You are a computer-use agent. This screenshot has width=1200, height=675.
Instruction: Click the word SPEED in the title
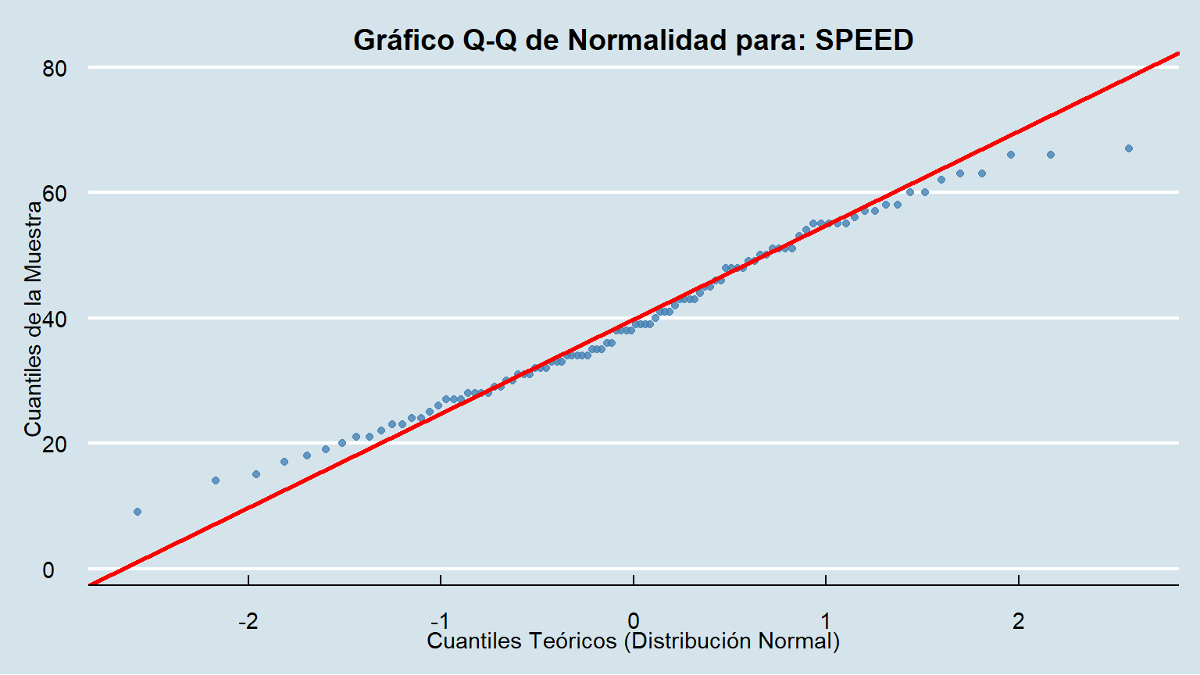tap(864, 40)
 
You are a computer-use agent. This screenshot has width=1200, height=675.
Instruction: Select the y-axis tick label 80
tap(55, 69)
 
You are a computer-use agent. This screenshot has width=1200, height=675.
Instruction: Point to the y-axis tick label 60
tap(55, 193)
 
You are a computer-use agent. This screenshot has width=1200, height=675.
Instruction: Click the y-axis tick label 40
tap(55, 319)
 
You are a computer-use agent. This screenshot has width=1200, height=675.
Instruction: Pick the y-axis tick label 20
tap(55, 444)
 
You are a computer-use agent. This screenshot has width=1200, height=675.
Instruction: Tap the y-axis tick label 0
tap(48, 570)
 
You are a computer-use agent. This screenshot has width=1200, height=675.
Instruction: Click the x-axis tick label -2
tap(248, 621)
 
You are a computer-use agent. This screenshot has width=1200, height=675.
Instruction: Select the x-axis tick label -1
tap(441, 621)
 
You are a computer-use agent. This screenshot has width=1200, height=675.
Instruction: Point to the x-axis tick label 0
tap(634, 621)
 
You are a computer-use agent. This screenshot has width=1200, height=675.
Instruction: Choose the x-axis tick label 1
tap(826, 621)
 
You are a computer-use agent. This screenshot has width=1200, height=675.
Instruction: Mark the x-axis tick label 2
tap(1019, 621)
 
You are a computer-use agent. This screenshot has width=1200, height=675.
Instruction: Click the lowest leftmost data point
tap(137, 512)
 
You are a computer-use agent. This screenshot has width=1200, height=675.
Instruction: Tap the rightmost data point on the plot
tap(1128, 148)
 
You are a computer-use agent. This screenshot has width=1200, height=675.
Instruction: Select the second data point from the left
tap(216, 480)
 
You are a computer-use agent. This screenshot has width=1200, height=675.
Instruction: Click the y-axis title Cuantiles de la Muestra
tap(33, 319)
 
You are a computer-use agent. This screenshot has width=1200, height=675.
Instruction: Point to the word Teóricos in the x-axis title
tap(572, 641)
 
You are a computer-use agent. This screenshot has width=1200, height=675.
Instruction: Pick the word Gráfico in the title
tap(404, 40)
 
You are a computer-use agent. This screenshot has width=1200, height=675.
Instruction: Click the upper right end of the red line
tap(1177, 53)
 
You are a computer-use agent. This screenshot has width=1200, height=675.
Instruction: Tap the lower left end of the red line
tap(91, 584)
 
